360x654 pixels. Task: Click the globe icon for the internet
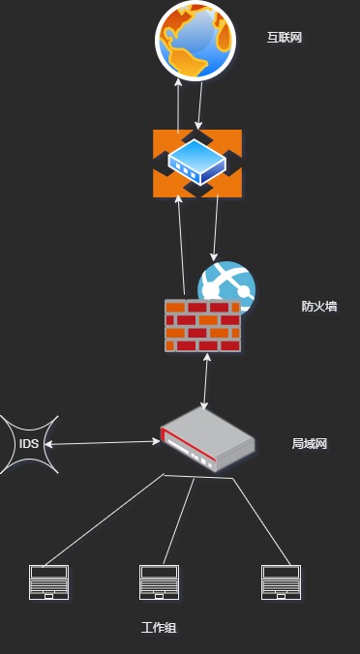pos(195,40)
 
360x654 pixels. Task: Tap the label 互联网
pos(285,38)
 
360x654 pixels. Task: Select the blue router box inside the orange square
pos(196,162)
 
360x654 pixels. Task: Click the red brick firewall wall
pos(202,325)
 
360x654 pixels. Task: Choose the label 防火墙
pos(319,307)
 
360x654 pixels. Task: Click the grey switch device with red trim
pos(207,439)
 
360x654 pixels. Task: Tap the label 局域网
pos(309,444)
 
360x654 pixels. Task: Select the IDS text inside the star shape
pos(29,444)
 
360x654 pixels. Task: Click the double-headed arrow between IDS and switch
pos(103,442)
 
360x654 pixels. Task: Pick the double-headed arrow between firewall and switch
pos(205,381)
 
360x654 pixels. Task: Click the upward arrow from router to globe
pos(178,106)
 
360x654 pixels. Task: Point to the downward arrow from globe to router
pos(199,106)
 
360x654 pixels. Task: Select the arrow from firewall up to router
pos(182,246)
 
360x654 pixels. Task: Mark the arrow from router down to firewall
pos(216,227)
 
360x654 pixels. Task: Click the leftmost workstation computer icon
pos(48,582)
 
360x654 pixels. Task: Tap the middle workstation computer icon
pos(159,582)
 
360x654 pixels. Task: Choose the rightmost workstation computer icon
pos(281,582)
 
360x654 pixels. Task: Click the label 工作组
pos(159,627)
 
